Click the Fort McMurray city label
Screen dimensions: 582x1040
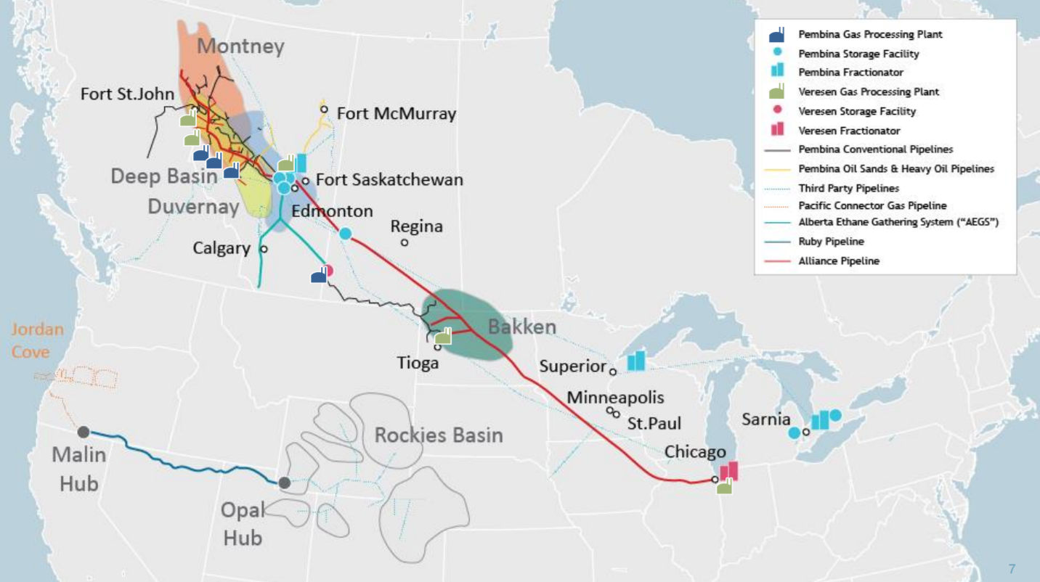(396, 114)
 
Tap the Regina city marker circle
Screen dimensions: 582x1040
(405, 242)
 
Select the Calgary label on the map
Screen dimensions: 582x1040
(221, 248)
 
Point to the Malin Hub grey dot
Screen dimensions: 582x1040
(84, 432)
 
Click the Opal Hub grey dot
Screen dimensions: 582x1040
(285, 483)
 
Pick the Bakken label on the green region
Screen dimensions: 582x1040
(521, 327)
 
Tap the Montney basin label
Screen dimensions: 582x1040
(240, 47)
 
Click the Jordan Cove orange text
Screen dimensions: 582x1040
(37, 340)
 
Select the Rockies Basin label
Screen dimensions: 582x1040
(439, 435)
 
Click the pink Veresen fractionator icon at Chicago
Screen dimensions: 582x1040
(728, 471)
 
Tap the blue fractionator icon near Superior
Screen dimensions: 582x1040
(636, 361)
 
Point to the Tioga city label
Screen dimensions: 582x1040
(418, 362)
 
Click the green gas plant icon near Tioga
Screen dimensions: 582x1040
(443, 336)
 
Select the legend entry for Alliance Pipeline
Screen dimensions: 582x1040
(839, 261)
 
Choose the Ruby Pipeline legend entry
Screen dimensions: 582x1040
(831, 242)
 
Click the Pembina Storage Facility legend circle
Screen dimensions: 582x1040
(777, 53)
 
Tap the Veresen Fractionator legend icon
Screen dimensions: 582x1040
(777, 130)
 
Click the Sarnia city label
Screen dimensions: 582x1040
(766, 419)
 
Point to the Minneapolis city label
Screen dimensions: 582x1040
(615, 398)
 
